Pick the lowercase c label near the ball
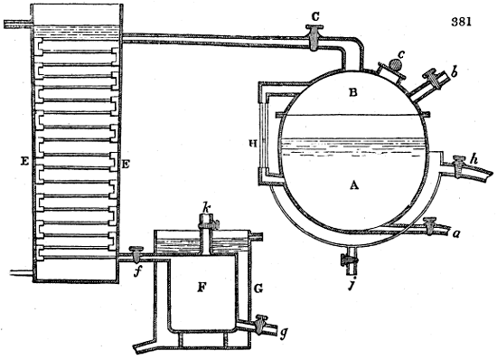[x=402, y=52]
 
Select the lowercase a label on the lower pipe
[x=457, y=232]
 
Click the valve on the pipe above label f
[x=137, y=252]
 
